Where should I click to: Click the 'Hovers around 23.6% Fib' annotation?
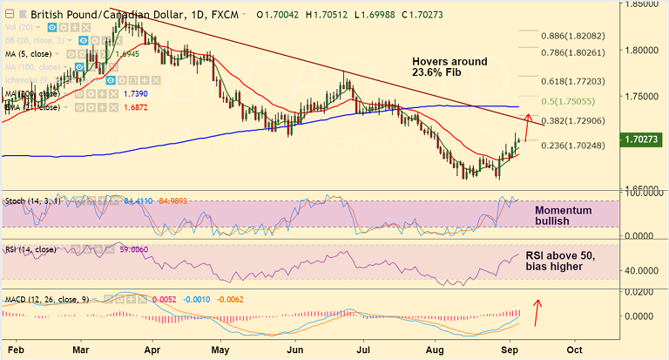click(x=449, y=67)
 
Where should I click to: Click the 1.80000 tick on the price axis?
click(x=645, y=51)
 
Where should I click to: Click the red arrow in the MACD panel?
click(x=538, y=310)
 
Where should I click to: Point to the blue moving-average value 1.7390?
click(x=134, y=92)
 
